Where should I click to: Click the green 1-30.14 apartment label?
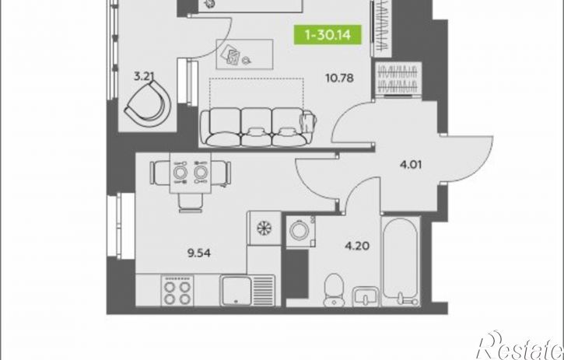(328, 35)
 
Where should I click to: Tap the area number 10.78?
(339, 78)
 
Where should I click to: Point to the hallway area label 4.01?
(411, 165)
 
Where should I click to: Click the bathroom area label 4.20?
(357, 246)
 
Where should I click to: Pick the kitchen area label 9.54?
(199, 253)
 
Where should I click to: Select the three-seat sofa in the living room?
(258, 128)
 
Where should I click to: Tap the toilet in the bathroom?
(334, 290)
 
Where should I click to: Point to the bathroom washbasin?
(366, 296)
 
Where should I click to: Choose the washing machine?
(301, 231)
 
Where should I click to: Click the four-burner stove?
(177, 291)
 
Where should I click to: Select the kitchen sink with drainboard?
(247, 290)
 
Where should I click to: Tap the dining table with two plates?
(191, 173)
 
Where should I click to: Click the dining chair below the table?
(191, 203)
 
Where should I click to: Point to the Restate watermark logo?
(520, 345)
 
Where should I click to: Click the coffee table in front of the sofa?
(244, 54)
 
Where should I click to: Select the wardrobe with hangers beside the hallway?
(398, 79)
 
